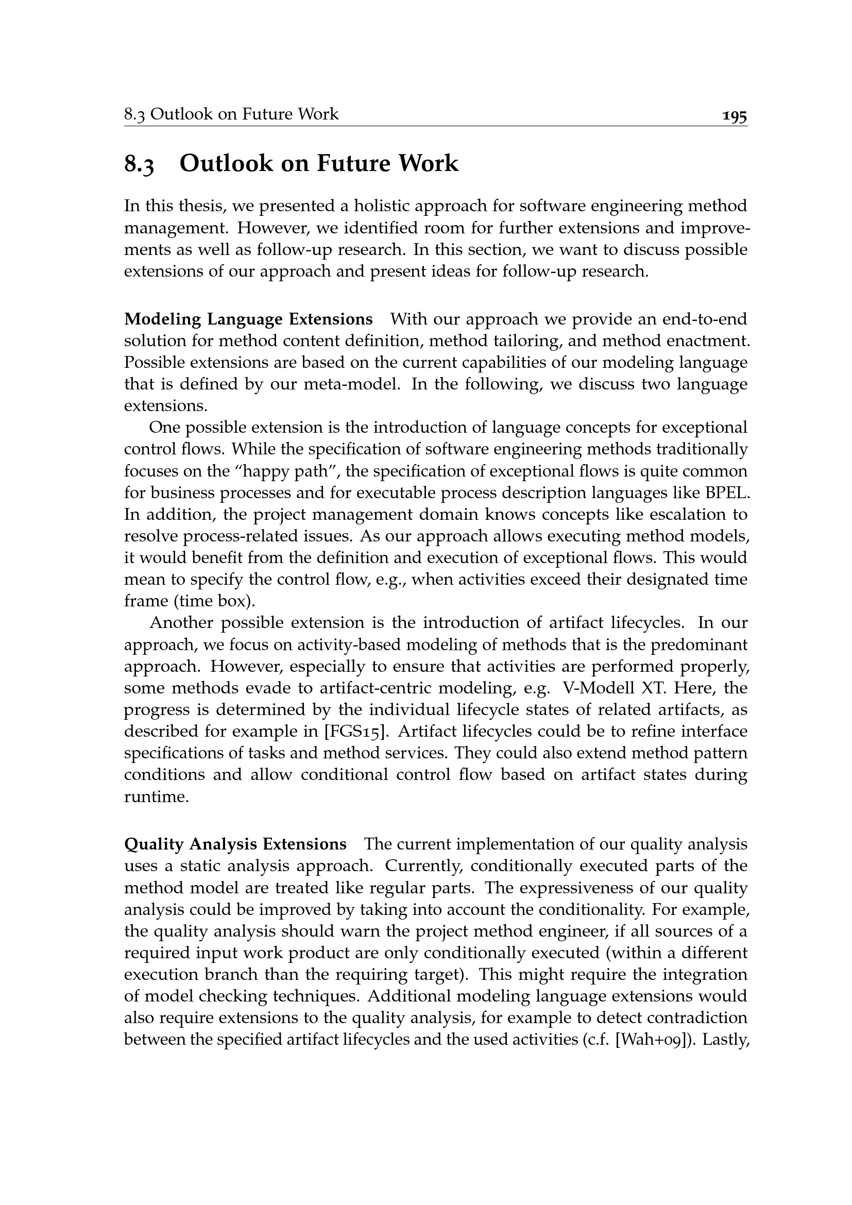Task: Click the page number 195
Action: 735,116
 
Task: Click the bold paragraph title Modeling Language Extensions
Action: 248,319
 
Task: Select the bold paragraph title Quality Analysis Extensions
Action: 235,844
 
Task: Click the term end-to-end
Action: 705,319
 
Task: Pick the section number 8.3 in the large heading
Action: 140,164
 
